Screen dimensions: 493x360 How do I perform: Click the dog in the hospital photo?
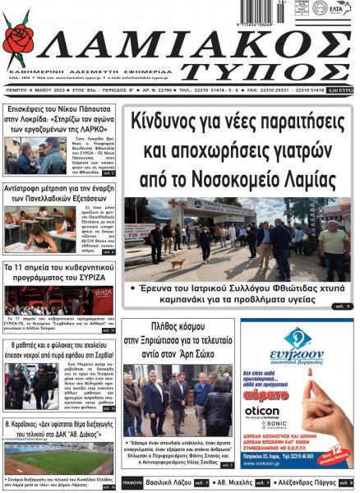coord(177,263)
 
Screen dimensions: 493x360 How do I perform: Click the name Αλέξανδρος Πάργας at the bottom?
coord(312,482)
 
